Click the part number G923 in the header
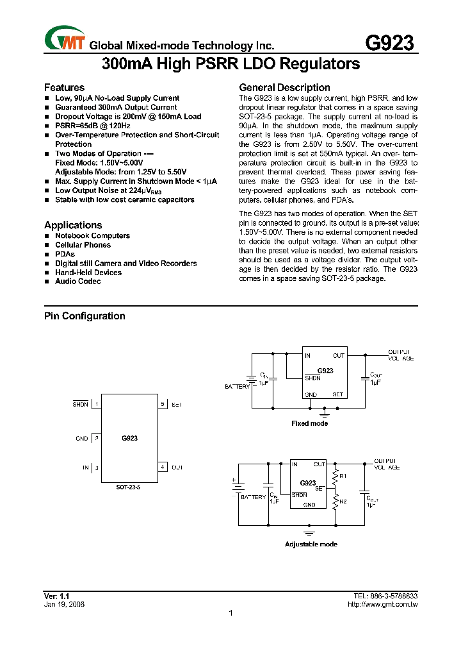click(x=389, y=43)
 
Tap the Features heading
click(x=64, y=87)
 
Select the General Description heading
click(x=284, y=87)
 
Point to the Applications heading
click(x=73, y=225)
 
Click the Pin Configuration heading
click(x=85, y=316)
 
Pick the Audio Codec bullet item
click(x=77, y=282)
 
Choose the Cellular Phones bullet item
click(x=83, y=245)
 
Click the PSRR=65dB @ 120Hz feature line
click(x=92, y=126)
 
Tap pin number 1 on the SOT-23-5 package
click(x=97, y=405)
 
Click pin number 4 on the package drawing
click(x=163, y=467)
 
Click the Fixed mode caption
click(x=310, y=423)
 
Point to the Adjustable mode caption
click(x=311, y=544)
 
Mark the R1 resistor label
click(x=343, y=476)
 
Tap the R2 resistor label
click(x=343, y=501)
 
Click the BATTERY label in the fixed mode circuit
click(x=237, y=387)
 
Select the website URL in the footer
click(x=382, y=604)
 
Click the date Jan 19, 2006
click(x=64, y=604)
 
